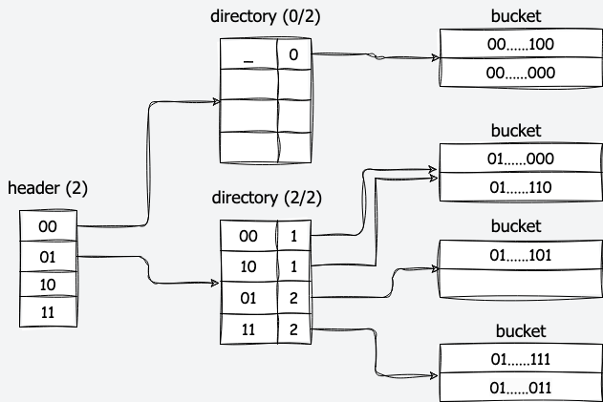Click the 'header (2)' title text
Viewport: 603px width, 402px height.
tap(47, 188)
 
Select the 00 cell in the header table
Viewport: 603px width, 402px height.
tap(47, 226)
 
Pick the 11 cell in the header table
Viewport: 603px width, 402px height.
tap(47, 311)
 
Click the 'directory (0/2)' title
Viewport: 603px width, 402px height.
tap(266, 18)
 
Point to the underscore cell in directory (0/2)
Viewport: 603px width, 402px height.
tap(248, 55)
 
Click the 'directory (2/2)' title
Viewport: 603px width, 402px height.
tap(265, 199)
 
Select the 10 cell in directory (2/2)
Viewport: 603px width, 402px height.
tap(248, 266)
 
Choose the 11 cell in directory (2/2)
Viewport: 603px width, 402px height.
tap(248, 330)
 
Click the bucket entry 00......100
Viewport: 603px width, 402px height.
tap(521, 44)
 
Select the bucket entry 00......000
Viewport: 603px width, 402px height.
tap(521, 73)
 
